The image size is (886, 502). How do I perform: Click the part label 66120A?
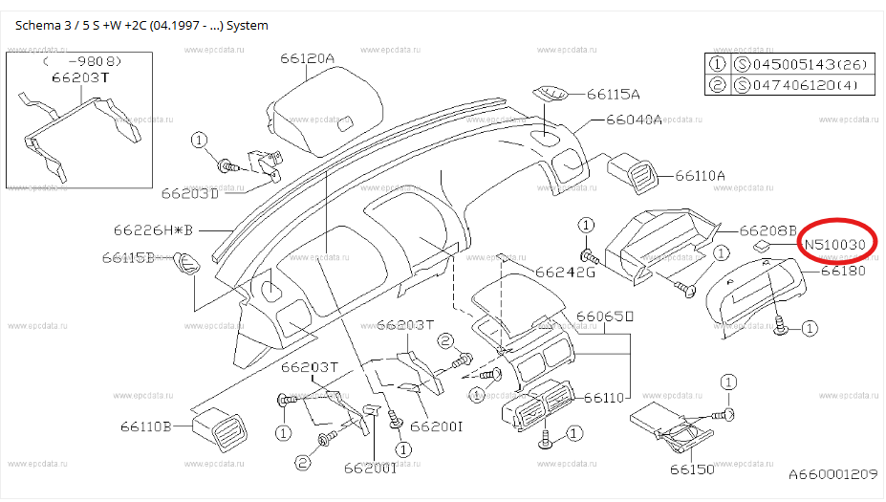click(x=308, y=58)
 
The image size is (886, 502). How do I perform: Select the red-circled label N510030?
click(x=835, y=245)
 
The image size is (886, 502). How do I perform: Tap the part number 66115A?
click(x=613, y=95)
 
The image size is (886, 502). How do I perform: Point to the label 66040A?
click(x=634, y=120)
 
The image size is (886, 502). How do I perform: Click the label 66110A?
click(x=700, y=176)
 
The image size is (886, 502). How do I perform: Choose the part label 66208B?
click(x=767, y=230)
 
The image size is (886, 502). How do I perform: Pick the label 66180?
click(x=843, y=271)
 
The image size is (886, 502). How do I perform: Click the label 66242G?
click(x=566, y=273)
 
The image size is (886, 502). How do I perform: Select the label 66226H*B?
click(x=153, y=230)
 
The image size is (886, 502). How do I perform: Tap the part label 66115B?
click(x=128, y=258)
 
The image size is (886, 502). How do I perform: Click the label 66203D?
click(x=190, y=193)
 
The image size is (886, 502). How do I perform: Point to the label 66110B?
click(x=146, y=426)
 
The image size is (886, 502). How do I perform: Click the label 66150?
click(x=692, y=469)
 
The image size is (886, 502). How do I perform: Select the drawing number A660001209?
click(x=832, y=473)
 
